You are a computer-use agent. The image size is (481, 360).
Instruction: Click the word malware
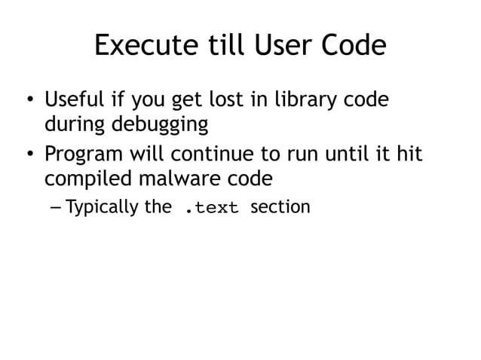coord(182,179)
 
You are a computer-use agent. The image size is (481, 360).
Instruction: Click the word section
coord(280,206)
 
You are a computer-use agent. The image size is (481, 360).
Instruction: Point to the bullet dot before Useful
coord(29,101)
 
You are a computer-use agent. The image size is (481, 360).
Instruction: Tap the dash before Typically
coord(57,207)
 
